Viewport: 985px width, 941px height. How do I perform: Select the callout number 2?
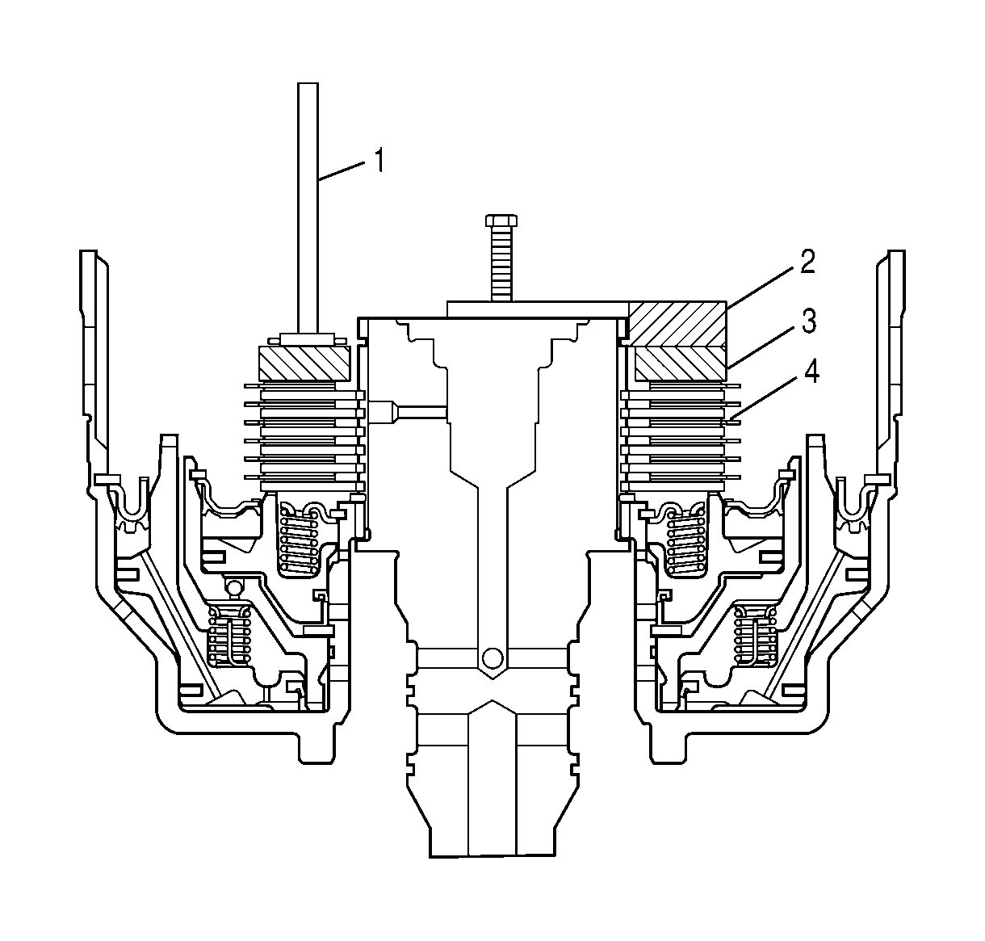point(806,263)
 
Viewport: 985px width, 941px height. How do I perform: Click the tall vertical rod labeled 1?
point(308,202)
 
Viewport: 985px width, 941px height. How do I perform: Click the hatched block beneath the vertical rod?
point(304,363)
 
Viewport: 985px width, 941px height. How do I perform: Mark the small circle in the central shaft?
point(489,658)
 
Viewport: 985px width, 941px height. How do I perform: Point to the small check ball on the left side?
point(233,586)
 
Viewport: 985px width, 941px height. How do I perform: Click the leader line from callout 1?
point(343,172)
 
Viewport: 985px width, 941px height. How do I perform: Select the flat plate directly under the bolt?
point(537,309)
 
